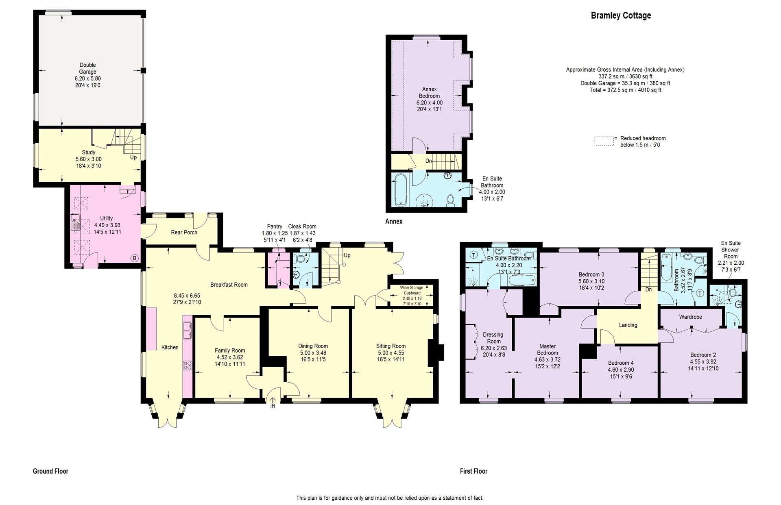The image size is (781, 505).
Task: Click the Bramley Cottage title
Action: [x=621, y=15]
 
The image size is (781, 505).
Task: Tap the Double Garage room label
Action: [x=88, y=68]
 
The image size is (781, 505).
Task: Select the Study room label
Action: [x=89, y=152]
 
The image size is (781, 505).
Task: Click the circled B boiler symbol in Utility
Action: [x=134, y=258]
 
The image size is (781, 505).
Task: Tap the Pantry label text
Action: [x=275, y=226]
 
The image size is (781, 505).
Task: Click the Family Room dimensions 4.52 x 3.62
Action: [x=230, y=357]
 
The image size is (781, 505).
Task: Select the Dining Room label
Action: [x=313, y=346]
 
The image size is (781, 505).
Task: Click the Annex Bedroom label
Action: [x=430, y=92]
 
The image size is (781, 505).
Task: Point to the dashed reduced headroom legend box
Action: [x=604, y=141]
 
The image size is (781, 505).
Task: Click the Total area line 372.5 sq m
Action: [x=625, y=90]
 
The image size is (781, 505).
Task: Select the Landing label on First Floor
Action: [x=628, y=325]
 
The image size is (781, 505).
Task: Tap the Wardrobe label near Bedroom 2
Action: [x=690, y=317]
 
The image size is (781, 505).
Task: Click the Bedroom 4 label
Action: [x=621, y=363]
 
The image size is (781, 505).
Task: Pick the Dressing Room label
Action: [x=493, y=338]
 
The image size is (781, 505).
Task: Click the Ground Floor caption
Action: [x=50, y=471]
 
